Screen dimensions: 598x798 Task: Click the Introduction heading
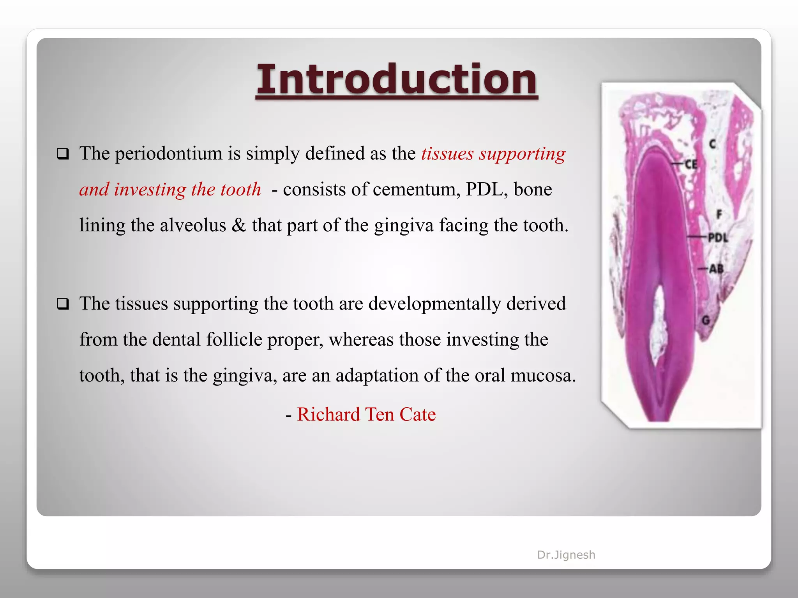point(397,79)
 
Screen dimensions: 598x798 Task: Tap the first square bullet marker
point(63,154)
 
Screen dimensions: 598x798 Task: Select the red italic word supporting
point(522,154)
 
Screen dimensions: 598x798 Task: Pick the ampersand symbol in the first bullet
point(238,225)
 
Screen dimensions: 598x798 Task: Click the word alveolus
point(193,225)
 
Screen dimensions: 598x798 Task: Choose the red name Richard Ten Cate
point(366,414)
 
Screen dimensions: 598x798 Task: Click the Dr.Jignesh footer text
point(566,555)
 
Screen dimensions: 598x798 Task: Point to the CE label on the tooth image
point(691,164)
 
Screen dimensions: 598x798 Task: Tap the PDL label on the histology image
point(717,237)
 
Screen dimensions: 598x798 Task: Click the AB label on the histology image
point(716,269)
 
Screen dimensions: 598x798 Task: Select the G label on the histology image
point(706,320)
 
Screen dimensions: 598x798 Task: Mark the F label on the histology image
point(719,214)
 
